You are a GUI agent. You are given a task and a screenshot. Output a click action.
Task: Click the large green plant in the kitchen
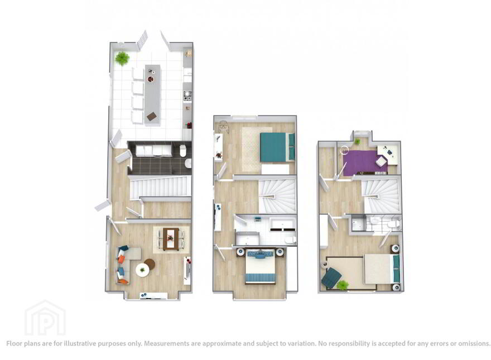pyautogui.click(x=122, y=58)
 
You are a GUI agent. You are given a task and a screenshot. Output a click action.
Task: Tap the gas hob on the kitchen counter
pyautogui.click(x=187, y=96)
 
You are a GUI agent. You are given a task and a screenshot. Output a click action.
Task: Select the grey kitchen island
pyautogui.click(x=152, y=95)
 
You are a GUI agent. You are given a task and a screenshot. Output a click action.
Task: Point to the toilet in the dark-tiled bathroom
pyautogui.click(x=183, y=150)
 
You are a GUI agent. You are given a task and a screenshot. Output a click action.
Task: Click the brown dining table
pyautogui.click(x=171, y=238)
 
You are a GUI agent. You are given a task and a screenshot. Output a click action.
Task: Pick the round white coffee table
pyautogui.click(x=143, y=270)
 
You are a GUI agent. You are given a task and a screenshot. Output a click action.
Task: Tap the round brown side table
pyautogui.click(x=150, y=264)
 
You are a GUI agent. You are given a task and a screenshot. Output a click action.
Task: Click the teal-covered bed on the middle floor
pyautogui.click(x=277, y=147)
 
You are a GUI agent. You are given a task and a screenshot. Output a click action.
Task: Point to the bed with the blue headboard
pyautogui.click(x=261, y=266)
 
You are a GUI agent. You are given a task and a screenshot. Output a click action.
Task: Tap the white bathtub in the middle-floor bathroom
pyautogui.click(x=283, y=224)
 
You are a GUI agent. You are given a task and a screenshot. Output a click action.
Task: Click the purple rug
pyautogui.click(x=365, y=162)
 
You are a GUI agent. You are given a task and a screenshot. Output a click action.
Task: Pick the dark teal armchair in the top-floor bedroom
pyautogui.click(x=331, y=276)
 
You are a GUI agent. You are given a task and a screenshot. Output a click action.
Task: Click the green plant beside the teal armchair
pyautogui.click(x=343, y=285)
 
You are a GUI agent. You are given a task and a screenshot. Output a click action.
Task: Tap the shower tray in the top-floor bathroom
pyautogui.click(x=358, y=223)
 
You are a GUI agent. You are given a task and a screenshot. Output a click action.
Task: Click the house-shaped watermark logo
pyautogui.click(x=45, y=318)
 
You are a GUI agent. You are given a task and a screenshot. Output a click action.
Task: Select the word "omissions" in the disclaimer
pyautogui.click(x=474, y=343)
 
